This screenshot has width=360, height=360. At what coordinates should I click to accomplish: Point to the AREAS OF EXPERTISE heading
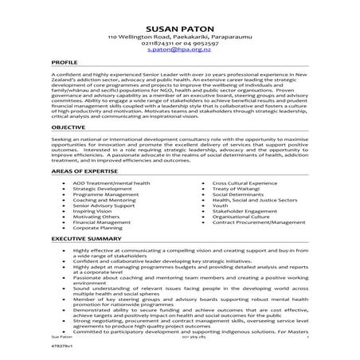point(87,194)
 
